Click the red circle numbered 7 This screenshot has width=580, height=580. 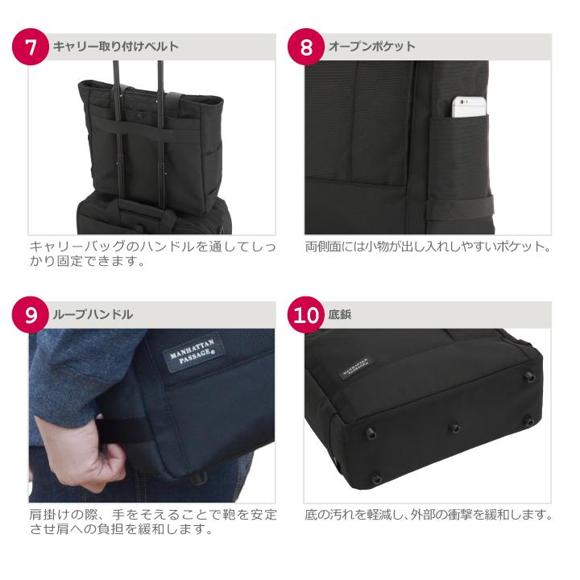tap(31, 47)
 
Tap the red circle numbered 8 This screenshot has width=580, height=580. tap(306, 47)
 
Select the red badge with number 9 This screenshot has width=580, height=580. tap(31, 315)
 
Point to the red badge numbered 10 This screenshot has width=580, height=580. tap(306, 315)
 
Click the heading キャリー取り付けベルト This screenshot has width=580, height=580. tap(116, 47)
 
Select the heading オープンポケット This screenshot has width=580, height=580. tap(371, 47)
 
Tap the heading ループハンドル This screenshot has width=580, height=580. tap(93, 315)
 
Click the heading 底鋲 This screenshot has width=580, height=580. tap(339, 315)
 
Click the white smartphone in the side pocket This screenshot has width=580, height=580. tap(469, 107)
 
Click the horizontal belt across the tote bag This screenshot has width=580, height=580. tap(151, 128)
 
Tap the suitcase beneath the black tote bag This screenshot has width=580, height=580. tap(153, 216)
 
